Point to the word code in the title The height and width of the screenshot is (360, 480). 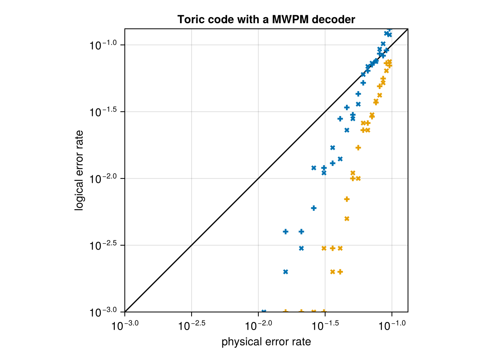[x=213, y=19]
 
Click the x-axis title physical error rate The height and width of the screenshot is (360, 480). [x=266, y=342]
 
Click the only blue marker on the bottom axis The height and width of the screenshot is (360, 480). [x=264, y=311]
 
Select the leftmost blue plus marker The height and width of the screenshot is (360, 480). [x=286, y=232]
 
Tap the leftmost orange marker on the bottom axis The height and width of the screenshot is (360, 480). [x=286, y=311]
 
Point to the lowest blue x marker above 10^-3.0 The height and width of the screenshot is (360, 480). [x=286, y=272]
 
